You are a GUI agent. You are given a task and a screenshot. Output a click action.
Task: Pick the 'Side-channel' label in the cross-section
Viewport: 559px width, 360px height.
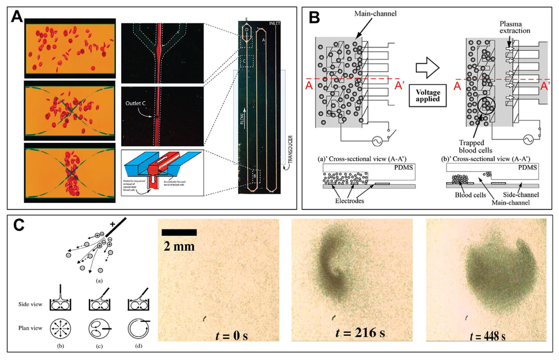tap(524, 195)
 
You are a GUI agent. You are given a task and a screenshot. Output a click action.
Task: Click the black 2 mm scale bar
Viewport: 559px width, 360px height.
tap(179, 232)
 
